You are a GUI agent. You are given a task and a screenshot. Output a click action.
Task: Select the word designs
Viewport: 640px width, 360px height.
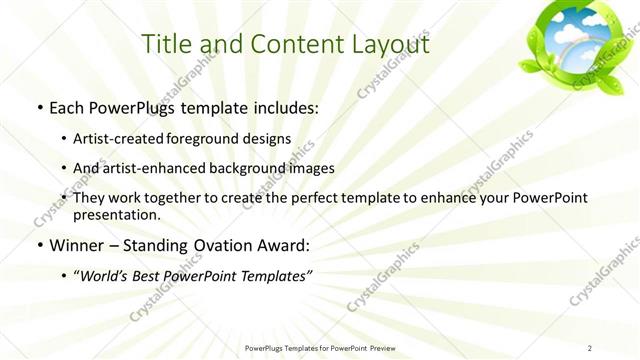pos(270,138)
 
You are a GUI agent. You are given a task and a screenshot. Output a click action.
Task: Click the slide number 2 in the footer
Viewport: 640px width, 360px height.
pos(590,348)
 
